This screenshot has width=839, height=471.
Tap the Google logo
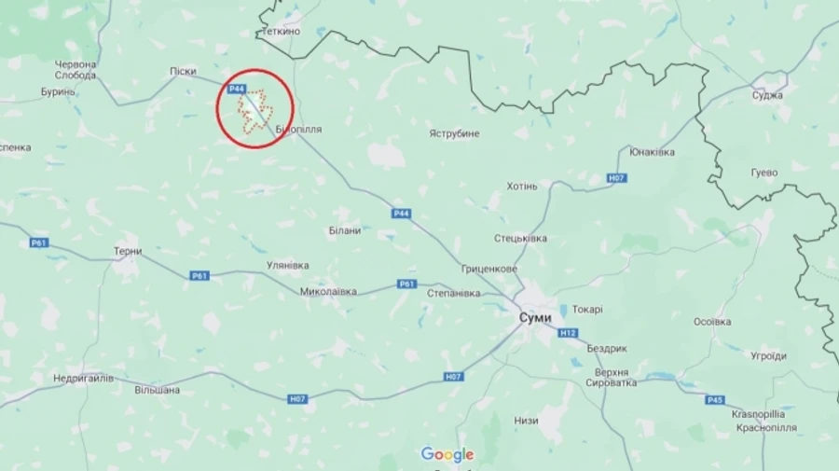pyautogui.click(x=447, y=454)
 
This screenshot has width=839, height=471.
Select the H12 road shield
pyautogui.click(x=568, y=333)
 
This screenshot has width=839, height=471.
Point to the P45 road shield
pyautogui.click(x=715, y=400)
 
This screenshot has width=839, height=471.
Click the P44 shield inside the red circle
pyautogui.click(x=237, y=90)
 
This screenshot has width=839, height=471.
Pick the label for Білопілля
pyautogui.click(x=298, y=130)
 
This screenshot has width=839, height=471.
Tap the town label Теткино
pyautogui.click(x=281, y=31)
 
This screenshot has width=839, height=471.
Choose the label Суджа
pyautogui.click(x=767, y=94)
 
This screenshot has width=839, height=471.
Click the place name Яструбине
pyautogui.click(x=454, y=133)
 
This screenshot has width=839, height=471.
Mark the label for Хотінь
pyautogui.click(x=522, y=186)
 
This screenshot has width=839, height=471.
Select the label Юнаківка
pyautogui.click(x=653, y=152)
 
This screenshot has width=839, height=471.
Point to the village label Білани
pyautogui.click(x=345, y=230)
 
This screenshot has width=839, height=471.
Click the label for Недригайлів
pyautogui.click(x=83, y=378)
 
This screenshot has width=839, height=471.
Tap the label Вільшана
pyautogui.click(x=157, y=390)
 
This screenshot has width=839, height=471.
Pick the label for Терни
pyautogui.click(x=127, y=252)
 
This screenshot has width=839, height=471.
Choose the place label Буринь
pyautogui.click(x=58, y=91)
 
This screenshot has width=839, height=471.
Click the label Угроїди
pyautogui.click(x=769, y=355)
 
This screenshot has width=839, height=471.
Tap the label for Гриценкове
pyautogui.click(x=489, y=269)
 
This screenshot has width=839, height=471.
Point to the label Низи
pyautogui.click(x=526, y=421)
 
